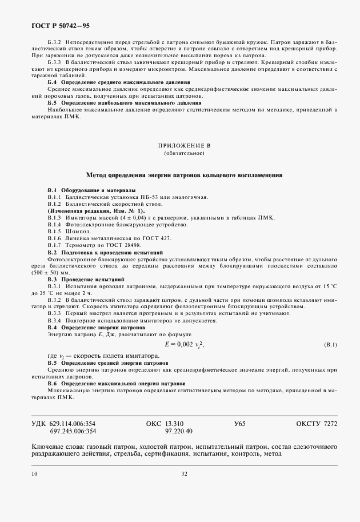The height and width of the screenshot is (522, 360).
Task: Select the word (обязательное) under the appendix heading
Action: pyautogui.click(x=179, y=154)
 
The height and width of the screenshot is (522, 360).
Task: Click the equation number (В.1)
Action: pyautogui.click(x=331, y=345)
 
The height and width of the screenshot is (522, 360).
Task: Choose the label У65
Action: pyautogui.click(x=239, y=424)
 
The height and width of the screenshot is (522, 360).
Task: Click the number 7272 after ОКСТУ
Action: pyautogui.click(x=331, y=424)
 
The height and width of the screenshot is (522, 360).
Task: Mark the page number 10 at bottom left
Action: pyautogui.click(x=35, y=473)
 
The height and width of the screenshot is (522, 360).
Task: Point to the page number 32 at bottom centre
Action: pyautogui.click(x=184, y=473)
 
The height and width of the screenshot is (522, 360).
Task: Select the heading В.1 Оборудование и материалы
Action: pyautogui.click(x=91, y=189)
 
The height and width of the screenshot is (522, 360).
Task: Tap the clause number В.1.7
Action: pyautogui.click(x=54, y=245)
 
